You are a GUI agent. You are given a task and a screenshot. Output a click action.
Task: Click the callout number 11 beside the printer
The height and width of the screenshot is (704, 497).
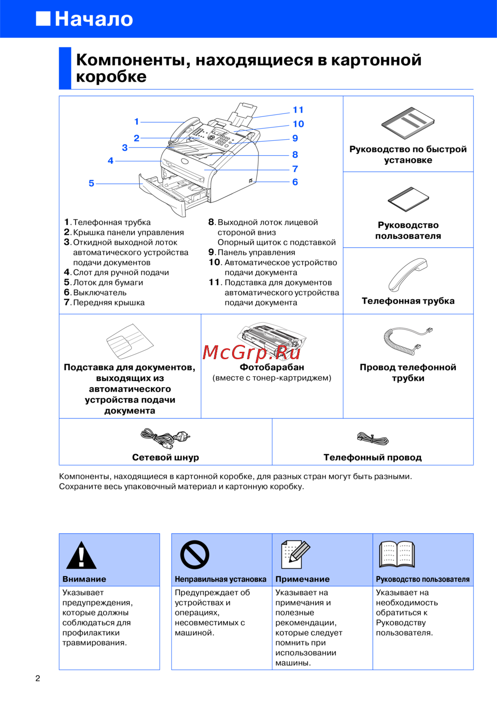[x=298, y=110]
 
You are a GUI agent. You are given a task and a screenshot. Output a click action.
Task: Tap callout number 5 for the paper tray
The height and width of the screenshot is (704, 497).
[x=91, y=184]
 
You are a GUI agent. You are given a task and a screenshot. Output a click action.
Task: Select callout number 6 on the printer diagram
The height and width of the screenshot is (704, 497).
[x=295, y=182]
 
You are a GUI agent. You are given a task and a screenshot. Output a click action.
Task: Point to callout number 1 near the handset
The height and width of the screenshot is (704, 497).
[x=137, y=121]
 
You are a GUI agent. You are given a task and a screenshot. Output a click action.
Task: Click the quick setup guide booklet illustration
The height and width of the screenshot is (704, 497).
[x=408, y=123]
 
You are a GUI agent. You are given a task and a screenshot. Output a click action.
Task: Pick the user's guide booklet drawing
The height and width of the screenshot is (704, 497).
[x=408, y=199]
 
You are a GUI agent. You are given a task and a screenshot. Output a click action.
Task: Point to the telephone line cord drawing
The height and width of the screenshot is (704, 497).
[x=373, y=438]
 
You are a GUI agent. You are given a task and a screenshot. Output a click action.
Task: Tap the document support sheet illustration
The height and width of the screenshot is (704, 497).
[x=129, y=341]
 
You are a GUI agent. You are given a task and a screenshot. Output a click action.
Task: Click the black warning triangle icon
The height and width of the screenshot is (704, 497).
[x=81, y=555]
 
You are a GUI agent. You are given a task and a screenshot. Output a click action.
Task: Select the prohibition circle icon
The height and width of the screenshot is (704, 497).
[x=194, y=555]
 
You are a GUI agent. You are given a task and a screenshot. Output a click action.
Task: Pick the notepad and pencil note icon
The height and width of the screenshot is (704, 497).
[x=295, y=554]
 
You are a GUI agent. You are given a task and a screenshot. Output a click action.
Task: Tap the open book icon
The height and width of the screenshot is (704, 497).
[x=397, y=554]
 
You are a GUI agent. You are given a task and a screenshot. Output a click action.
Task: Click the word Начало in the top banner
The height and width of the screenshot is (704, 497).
[x=94, y=19]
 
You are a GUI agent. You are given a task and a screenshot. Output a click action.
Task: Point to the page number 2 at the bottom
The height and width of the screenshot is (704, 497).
[x=38, y=678]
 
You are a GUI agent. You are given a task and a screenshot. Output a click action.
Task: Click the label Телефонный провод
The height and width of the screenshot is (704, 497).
[x=373, y=458]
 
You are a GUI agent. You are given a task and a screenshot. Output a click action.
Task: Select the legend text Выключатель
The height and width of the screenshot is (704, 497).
[x=99, y=293]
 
